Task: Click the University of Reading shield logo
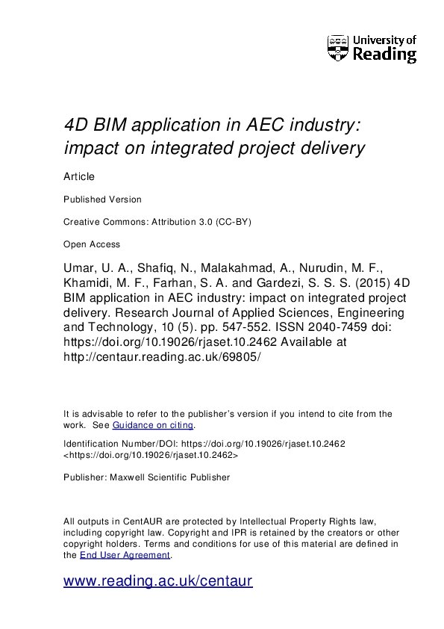coord(338,47)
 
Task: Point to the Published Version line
coord(102,199)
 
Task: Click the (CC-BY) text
coord(245,222)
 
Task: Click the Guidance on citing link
coord(153,425)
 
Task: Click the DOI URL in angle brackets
coord(151,454)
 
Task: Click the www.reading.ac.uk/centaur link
coord(158,581)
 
